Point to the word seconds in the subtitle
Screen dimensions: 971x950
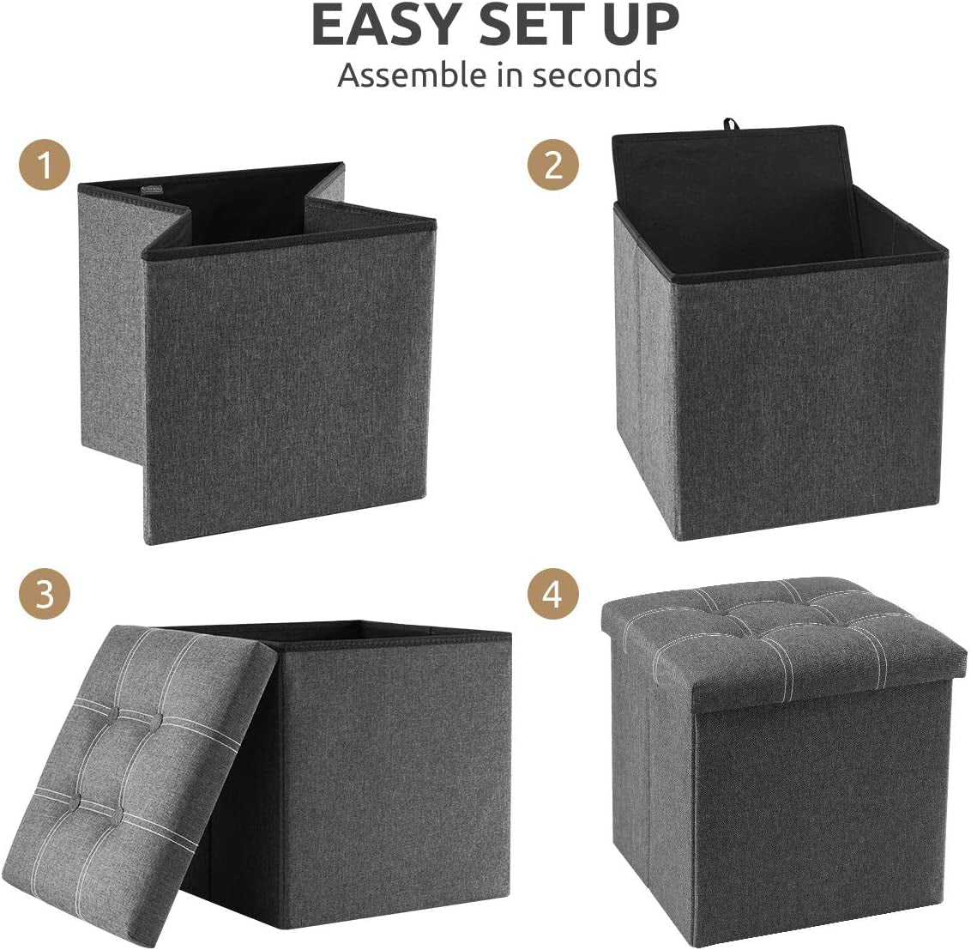pyautogui.click(x=594, y=76)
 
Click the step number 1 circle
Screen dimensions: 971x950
pyautogui.click(x=45, y=165)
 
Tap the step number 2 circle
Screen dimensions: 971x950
pyautogui.click(x=553, y=165)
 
